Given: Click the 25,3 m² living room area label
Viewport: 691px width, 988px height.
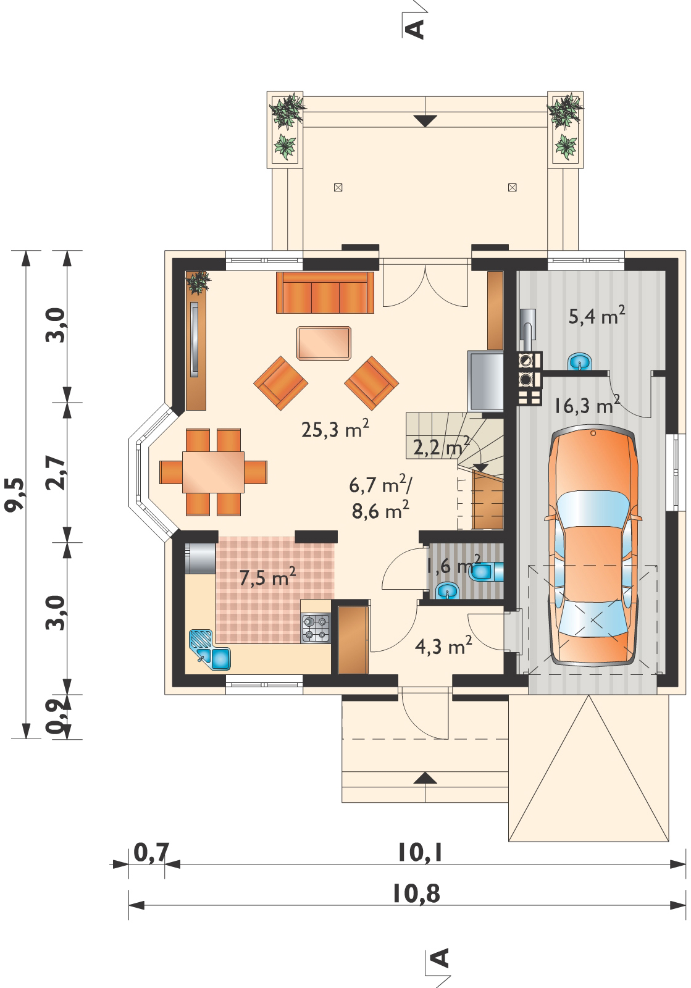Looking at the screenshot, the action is (335, 429).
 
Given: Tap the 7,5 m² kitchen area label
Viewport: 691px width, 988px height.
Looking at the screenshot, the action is (267, 577).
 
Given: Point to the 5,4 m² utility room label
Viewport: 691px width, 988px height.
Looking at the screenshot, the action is (597, 315).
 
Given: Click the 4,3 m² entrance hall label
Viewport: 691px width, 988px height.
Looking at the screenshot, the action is (443, 645).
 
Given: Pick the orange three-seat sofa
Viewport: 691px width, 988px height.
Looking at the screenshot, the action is (325, 293).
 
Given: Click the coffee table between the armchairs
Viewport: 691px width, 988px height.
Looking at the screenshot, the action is (324, 343).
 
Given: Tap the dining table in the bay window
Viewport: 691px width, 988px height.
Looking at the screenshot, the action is (214, 472).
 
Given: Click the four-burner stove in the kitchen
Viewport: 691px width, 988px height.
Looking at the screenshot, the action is (316, 627).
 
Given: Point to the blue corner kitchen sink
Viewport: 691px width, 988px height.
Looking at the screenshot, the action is (209, 649).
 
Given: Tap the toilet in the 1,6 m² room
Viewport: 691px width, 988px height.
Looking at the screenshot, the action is (487, 571).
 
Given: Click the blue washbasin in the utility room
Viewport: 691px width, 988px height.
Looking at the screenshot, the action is (579, 361).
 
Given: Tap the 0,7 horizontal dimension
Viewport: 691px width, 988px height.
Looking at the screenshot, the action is (151, 852).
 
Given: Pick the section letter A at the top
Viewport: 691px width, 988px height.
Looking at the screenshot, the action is (416, 29).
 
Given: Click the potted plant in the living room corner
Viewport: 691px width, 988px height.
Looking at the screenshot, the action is (198, 283).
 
